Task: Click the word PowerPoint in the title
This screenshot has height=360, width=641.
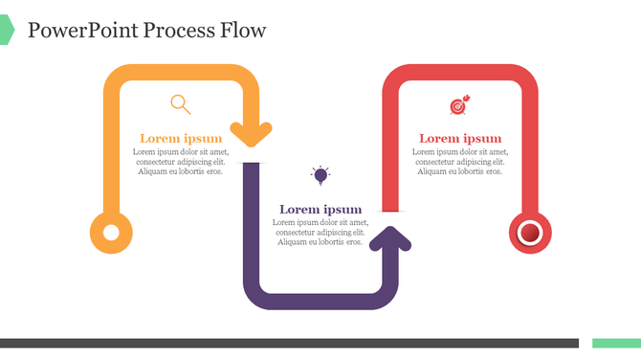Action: click(x=83, y=31)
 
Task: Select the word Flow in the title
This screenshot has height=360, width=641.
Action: click(x=242, y=31)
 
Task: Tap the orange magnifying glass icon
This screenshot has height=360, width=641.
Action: click(x=180, y=103)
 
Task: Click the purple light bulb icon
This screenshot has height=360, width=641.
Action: click(x=320, y=174)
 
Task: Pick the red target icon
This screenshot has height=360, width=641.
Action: click(x=459, y=105)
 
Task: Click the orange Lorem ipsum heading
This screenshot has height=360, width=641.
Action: click(x=181, y=138)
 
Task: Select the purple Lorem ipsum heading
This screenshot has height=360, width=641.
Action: click(x=320, y=210)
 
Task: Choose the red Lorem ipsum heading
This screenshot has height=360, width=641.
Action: click(x=460, y=139)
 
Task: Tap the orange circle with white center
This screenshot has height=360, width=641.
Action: click(x=111, y=233)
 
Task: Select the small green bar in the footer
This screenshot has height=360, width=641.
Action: click(x=616, y=343)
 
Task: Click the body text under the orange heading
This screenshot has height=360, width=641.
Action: click(x=181, y=162)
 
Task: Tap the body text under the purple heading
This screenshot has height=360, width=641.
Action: click(x=320, y=233)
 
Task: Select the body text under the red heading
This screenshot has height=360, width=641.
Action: click(x=460, y=162)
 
